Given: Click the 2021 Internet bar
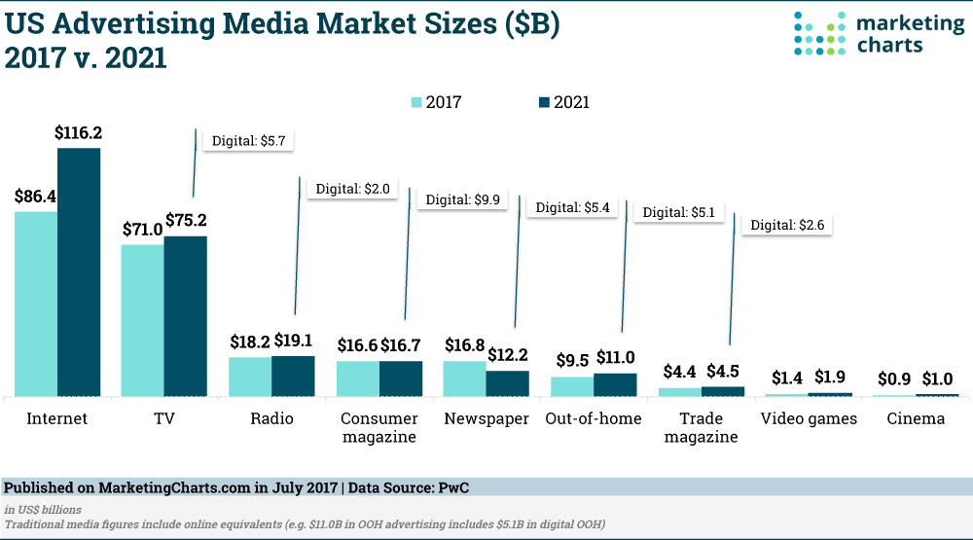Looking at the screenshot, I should (x=79, y=272).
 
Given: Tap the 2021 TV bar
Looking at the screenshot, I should (x=186, y=315).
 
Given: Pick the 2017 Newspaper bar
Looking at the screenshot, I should (x=464, y=378).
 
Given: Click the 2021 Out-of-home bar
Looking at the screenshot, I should (x=615, y=384).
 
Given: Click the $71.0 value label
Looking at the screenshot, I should (x=141, y=230).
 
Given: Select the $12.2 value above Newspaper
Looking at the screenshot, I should (x=507, y=354).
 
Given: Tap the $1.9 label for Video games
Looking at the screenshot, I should (x=829, y=378).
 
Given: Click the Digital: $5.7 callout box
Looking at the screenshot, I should (x=247, y=140).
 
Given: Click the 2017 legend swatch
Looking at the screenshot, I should (x=416, y=102).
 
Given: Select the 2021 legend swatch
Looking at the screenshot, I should (x=545, y=102).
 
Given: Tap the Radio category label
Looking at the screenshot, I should (x=271, y=418).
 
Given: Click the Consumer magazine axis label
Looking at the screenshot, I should (x=378, y=427).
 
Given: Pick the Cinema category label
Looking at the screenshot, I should (x=916, y=418).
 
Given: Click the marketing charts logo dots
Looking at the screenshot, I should (x=814, y=33).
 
